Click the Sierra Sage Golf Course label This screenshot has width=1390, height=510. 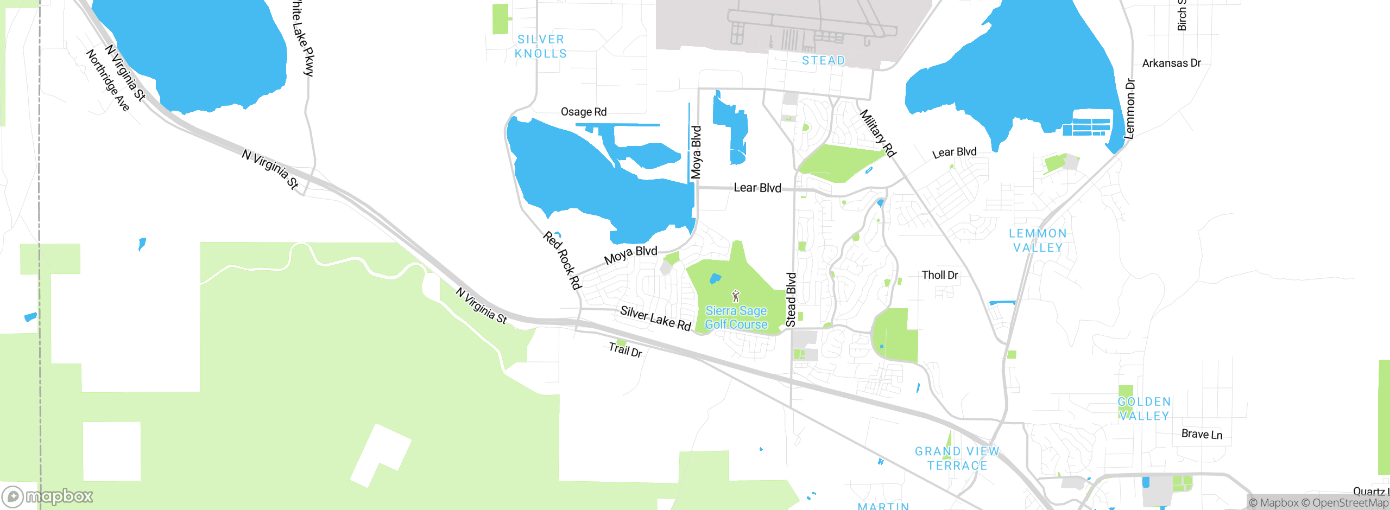(736, 317)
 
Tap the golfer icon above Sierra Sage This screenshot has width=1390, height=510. (736, 296)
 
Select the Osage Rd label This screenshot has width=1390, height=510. (584, 112)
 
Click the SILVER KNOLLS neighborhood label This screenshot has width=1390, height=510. (541, 47)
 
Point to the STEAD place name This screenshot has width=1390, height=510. (824, 60)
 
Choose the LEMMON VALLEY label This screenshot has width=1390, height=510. (1038, 240)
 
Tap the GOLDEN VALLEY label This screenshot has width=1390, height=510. (1144, 409)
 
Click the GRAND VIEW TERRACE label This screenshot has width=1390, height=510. (957, 458)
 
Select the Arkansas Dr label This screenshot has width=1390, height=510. (1171, 63)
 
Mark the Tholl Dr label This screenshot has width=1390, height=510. (940, 275)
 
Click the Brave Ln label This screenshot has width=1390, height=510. (1202, 434)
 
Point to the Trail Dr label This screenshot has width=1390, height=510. (625, 349)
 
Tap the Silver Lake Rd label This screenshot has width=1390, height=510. (655, 318)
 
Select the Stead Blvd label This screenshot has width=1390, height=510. (791, 299)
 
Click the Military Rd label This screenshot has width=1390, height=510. (877, 133)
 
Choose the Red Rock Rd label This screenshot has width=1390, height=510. (563, 260)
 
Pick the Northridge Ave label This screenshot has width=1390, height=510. (108, 80)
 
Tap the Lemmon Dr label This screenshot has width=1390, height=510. (1130, 109)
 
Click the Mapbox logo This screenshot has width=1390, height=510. (48, 496)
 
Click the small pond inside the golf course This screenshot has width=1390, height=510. (716, 279)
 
